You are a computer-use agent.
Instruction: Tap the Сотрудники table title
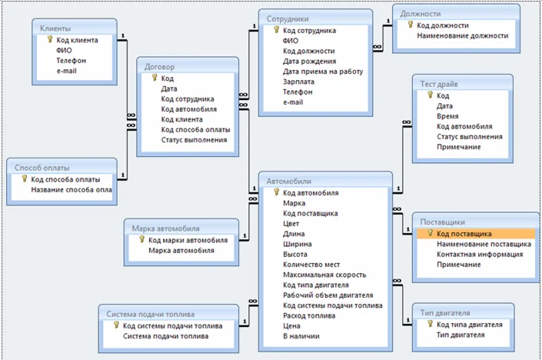coord(288,18)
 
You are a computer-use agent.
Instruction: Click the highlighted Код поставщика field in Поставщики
coord(464,234)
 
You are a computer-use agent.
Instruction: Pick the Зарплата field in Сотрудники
coord(298,82)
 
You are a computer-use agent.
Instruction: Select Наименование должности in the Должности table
coord(462,35)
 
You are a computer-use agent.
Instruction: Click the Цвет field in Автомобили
coord(291,224)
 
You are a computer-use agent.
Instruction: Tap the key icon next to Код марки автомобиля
coord(141,240)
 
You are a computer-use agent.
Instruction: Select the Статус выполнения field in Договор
coord(194,139)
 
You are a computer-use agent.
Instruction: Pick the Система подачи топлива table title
coord(150,314)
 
